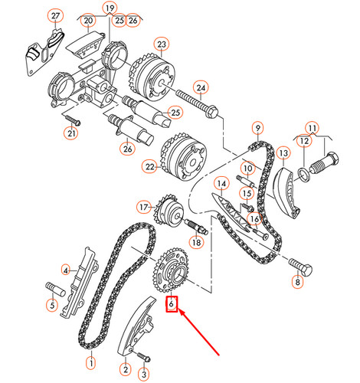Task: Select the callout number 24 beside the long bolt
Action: [x=201, y=87]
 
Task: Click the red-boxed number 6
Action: [x=172, y=305]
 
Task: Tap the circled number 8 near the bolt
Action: [x=297, y=283]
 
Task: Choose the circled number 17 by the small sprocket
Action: [x=143, y=207]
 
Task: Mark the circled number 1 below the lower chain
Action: [x=91, y=362]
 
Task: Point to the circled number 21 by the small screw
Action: [x=72, y=135]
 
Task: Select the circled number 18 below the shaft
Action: [x=198, y=242]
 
